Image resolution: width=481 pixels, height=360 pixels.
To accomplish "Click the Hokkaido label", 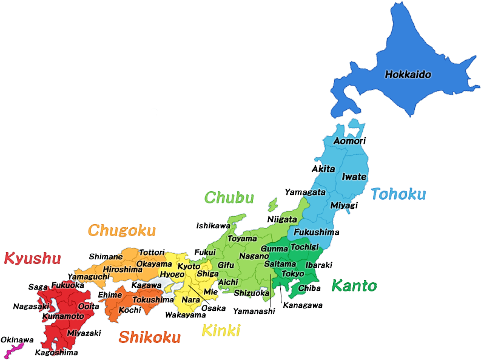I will click(408, 75).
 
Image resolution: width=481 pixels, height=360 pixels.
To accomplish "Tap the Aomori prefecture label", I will click(350, 141).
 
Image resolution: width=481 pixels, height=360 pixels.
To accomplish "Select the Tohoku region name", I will click(398, 194).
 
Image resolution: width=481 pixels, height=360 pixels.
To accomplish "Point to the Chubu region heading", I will click(229, 197).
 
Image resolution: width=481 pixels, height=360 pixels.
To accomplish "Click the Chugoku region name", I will click(121, 231).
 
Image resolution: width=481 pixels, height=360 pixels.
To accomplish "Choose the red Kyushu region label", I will click(32, 259).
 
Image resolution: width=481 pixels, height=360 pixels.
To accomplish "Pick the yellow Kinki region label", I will click(221, 331).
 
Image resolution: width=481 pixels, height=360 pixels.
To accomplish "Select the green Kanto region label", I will click(354, 286).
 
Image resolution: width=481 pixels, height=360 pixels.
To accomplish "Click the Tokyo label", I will click(294, 274).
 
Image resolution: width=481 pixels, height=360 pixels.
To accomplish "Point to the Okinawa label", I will click(17, 340).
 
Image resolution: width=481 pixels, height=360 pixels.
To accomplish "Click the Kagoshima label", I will click(56, 352).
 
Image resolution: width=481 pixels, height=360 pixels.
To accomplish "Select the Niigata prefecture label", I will click(282, 219).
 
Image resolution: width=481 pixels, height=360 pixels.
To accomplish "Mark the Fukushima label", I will click(317, 233).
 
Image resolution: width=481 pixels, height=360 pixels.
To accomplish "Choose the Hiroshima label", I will click(123, 270).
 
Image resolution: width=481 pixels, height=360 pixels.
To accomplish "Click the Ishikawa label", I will click(213, 225).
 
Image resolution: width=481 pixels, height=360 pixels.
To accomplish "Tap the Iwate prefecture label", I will click(354, 177).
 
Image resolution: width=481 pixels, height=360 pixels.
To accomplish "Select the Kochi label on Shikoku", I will click(129, 310).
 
